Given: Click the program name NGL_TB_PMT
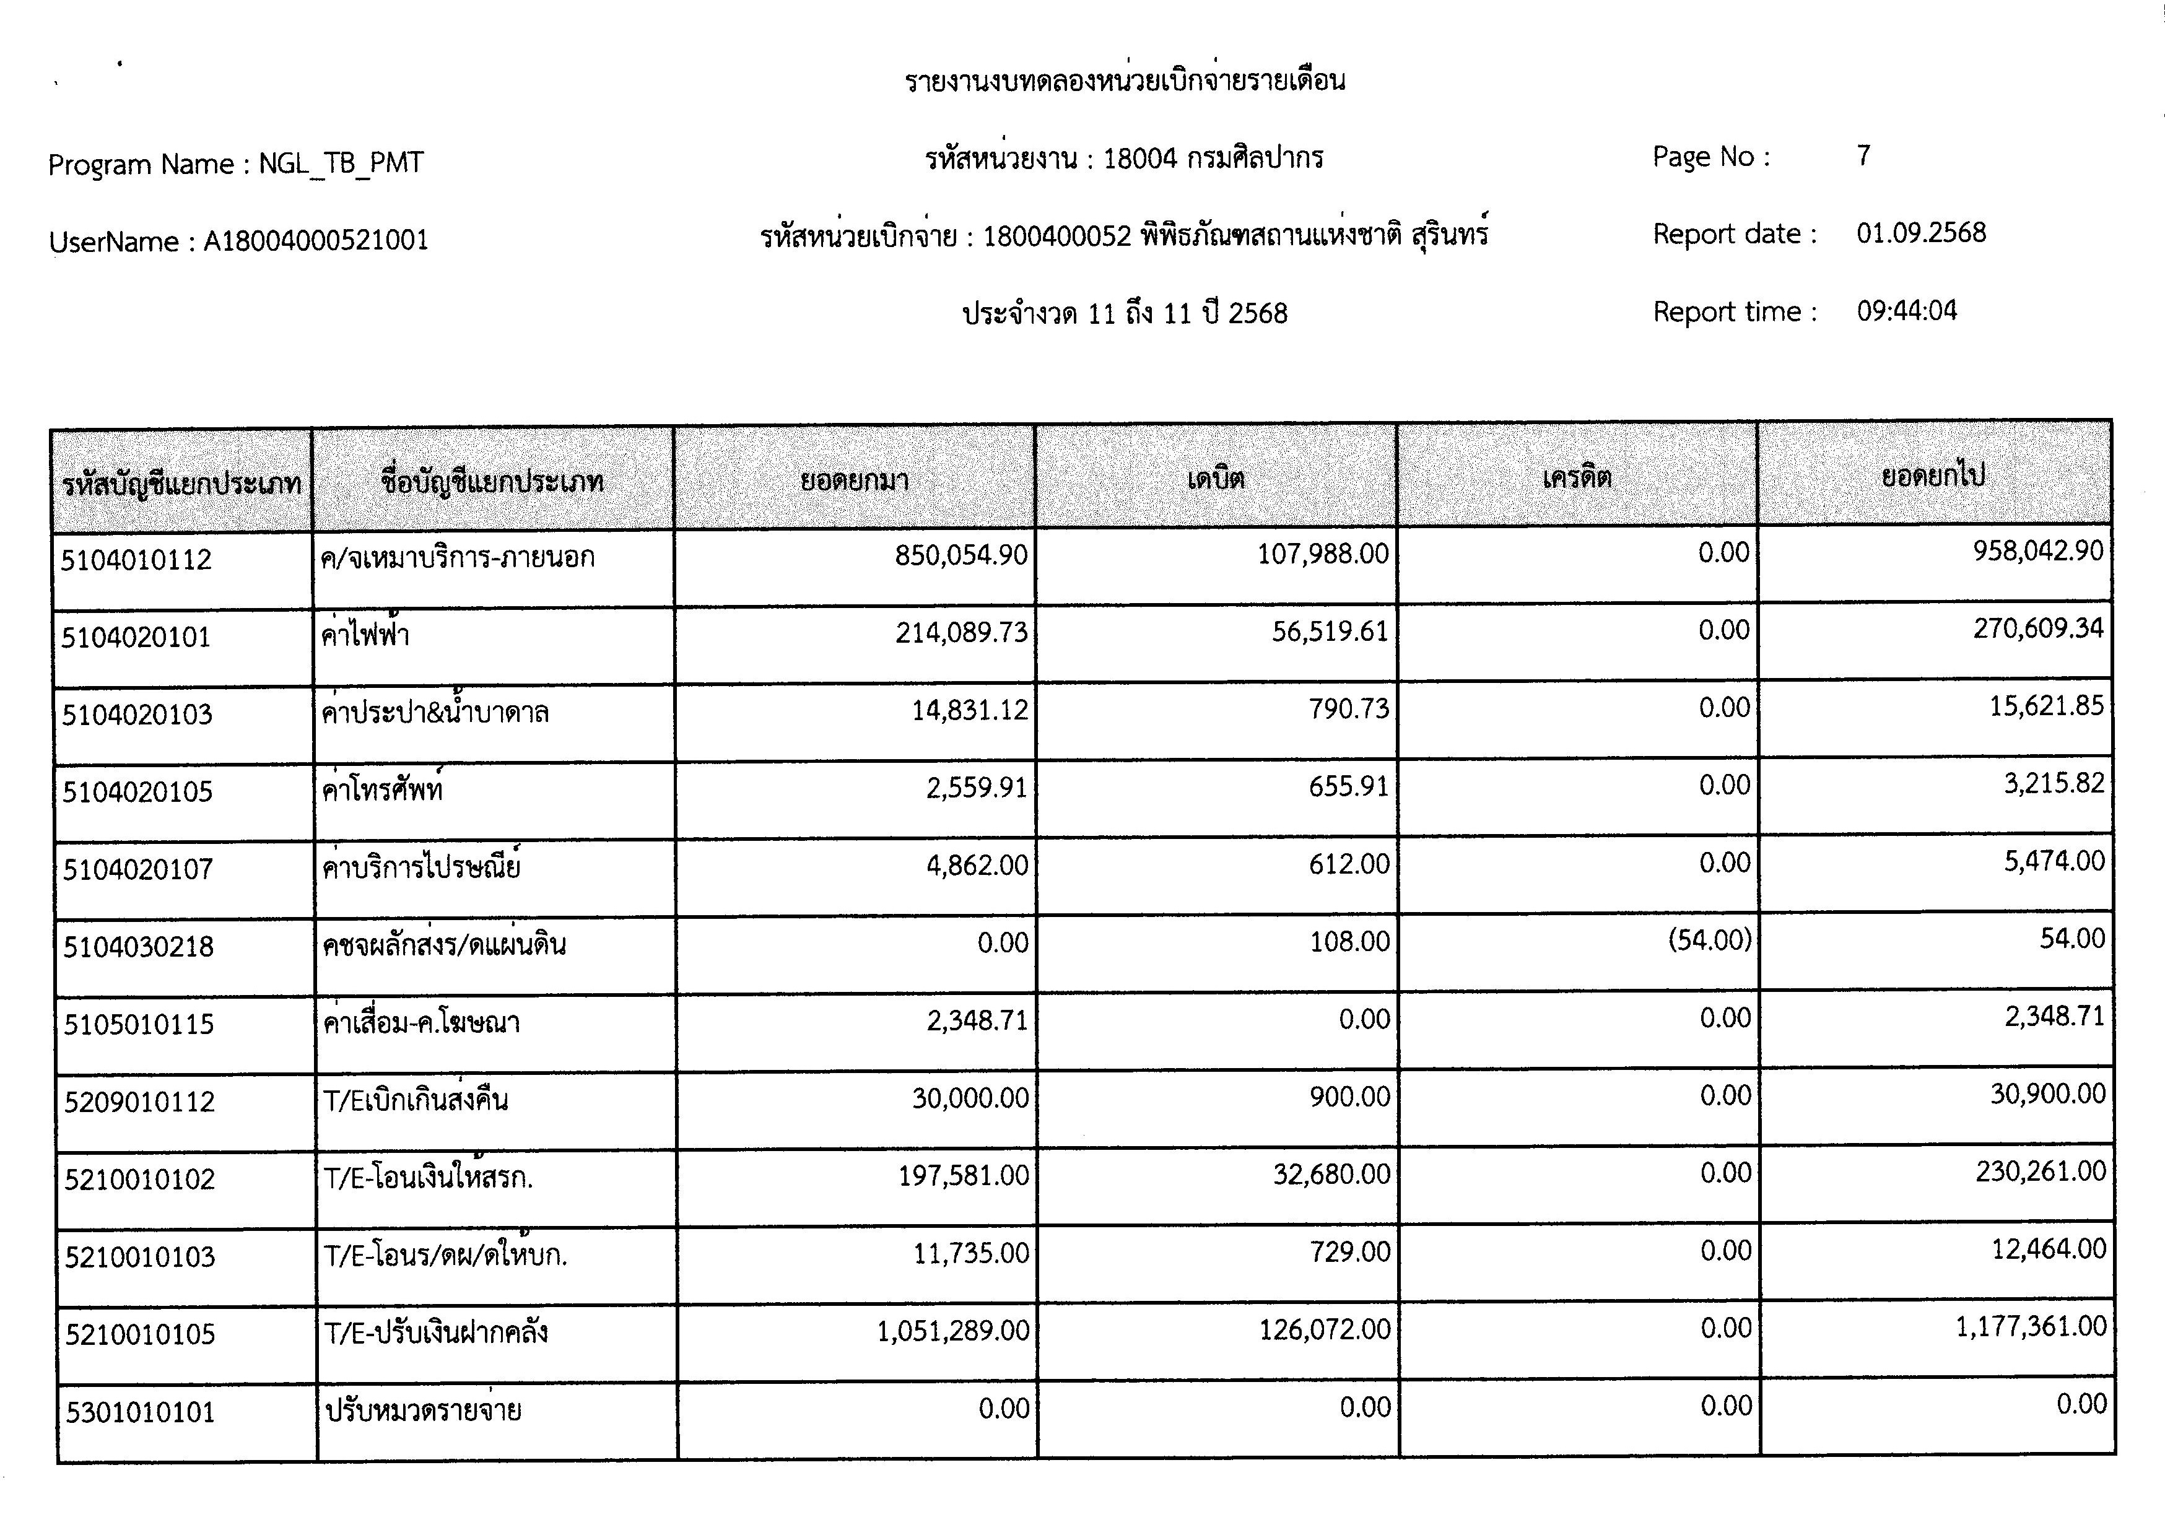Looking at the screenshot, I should [x=341, y=164].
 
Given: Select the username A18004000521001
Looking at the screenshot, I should [x=316, y=241].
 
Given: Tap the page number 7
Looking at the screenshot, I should [x=1863, y=155].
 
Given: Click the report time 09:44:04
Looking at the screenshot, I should [x=1907, y=311].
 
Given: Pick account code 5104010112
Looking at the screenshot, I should [x=137, y=560].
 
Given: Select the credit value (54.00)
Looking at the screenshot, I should [x=1710, y=940].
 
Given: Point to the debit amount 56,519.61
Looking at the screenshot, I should [x=1330, y=631].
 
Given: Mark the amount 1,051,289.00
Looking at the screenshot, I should [x=952, y=1331].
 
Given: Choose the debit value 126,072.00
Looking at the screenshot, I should [x=1324, y=1329].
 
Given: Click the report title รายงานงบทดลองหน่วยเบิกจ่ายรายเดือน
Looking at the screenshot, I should [x=1125, y=82].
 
